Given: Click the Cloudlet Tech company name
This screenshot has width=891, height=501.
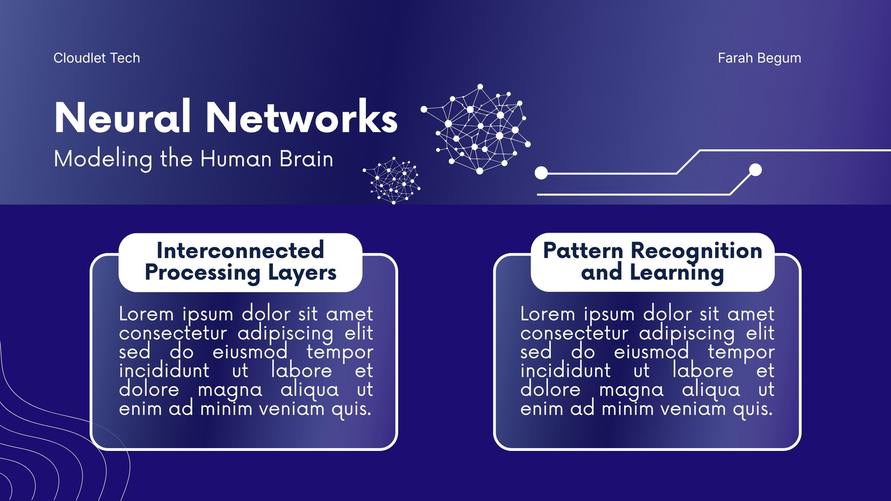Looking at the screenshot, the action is [x=97, y=58].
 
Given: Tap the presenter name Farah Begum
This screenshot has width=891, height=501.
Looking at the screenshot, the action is [x=760, y=58].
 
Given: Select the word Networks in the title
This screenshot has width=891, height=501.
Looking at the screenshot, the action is [x=301, y=117].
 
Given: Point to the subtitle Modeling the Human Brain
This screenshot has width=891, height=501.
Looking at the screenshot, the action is [x=193, y=159].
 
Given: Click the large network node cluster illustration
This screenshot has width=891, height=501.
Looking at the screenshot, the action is [x=476, y=129].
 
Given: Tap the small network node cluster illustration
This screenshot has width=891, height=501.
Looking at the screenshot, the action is [x=392, y=180].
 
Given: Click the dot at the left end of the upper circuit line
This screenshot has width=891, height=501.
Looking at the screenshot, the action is [x=541, y=173].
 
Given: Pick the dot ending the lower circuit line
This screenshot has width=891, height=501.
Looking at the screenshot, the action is [x=755, y=170].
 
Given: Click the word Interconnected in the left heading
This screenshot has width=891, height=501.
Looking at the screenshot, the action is [x=240, y=250].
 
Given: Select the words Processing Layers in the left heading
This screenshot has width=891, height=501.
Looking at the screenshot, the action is [x=240, y=273].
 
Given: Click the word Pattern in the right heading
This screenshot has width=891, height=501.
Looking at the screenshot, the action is [x=583, y=250].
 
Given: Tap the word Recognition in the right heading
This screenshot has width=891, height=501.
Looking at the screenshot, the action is [x=697, y=251].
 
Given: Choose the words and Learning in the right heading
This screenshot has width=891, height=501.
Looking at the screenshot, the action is [x=652, y=273].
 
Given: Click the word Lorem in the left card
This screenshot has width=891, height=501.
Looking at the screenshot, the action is [x=146, y=314].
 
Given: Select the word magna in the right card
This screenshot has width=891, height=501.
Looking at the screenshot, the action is [x=631, y=390].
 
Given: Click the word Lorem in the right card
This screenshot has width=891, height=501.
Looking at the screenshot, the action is [x=548, y=314].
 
